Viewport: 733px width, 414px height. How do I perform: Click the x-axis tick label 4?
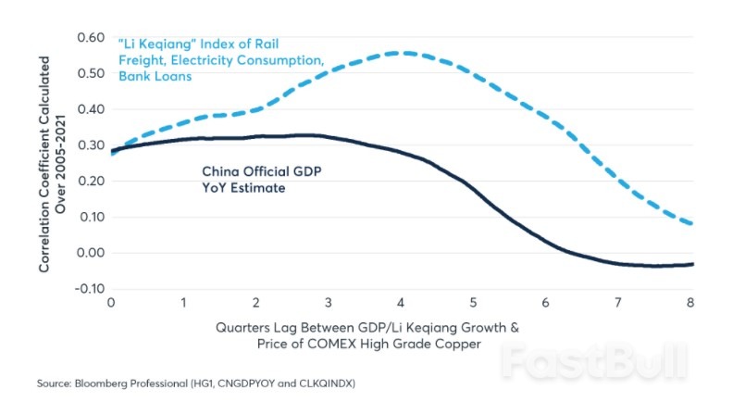coord(400,303)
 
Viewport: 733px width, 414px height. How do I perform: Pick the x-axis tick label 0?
coord(111,303)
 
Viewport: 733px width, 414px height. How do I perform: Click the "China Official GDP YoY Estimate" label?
coord(254,179)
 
